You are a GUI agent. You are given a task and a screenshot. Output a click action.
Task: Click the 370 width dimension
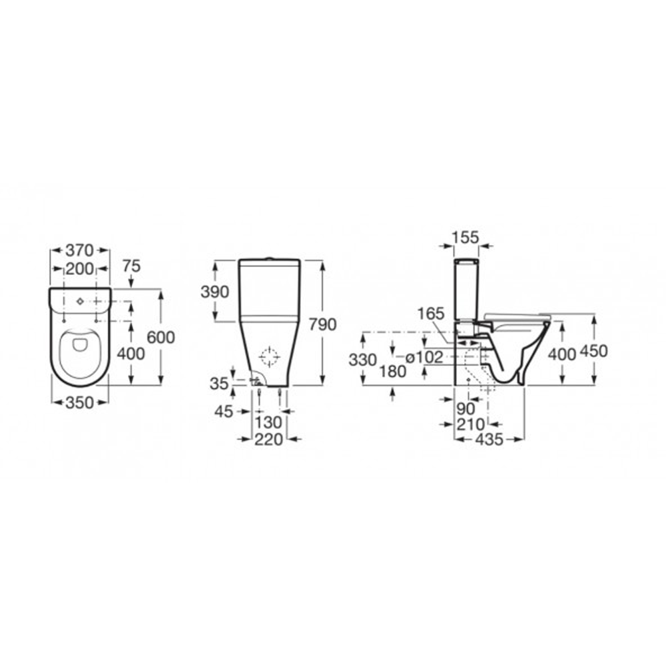click(79, 250)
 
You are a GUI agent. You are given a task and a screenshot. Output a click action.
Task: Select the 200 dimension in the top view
click(79, 269)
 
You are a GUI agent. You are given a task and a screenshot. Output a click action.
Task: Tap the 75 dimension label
click(131, 266)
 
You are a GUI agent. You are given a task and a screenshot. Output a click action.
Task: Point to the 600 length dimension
click(161, 337)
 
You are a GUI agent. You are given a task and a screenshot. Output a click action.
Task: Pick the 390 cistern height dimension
click(214, 292)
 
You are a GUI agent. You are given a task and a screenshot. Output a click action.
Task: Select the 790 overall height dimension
click(322, 324)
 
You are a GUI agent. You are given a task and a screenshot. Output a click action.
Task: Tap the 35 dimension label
click(219, 384)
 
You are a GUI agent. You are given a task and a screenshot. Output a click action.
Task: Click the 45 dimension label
click(224, 411)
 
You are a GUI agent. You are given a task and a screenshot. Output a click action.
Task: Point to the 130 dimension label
click(268, 423)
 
